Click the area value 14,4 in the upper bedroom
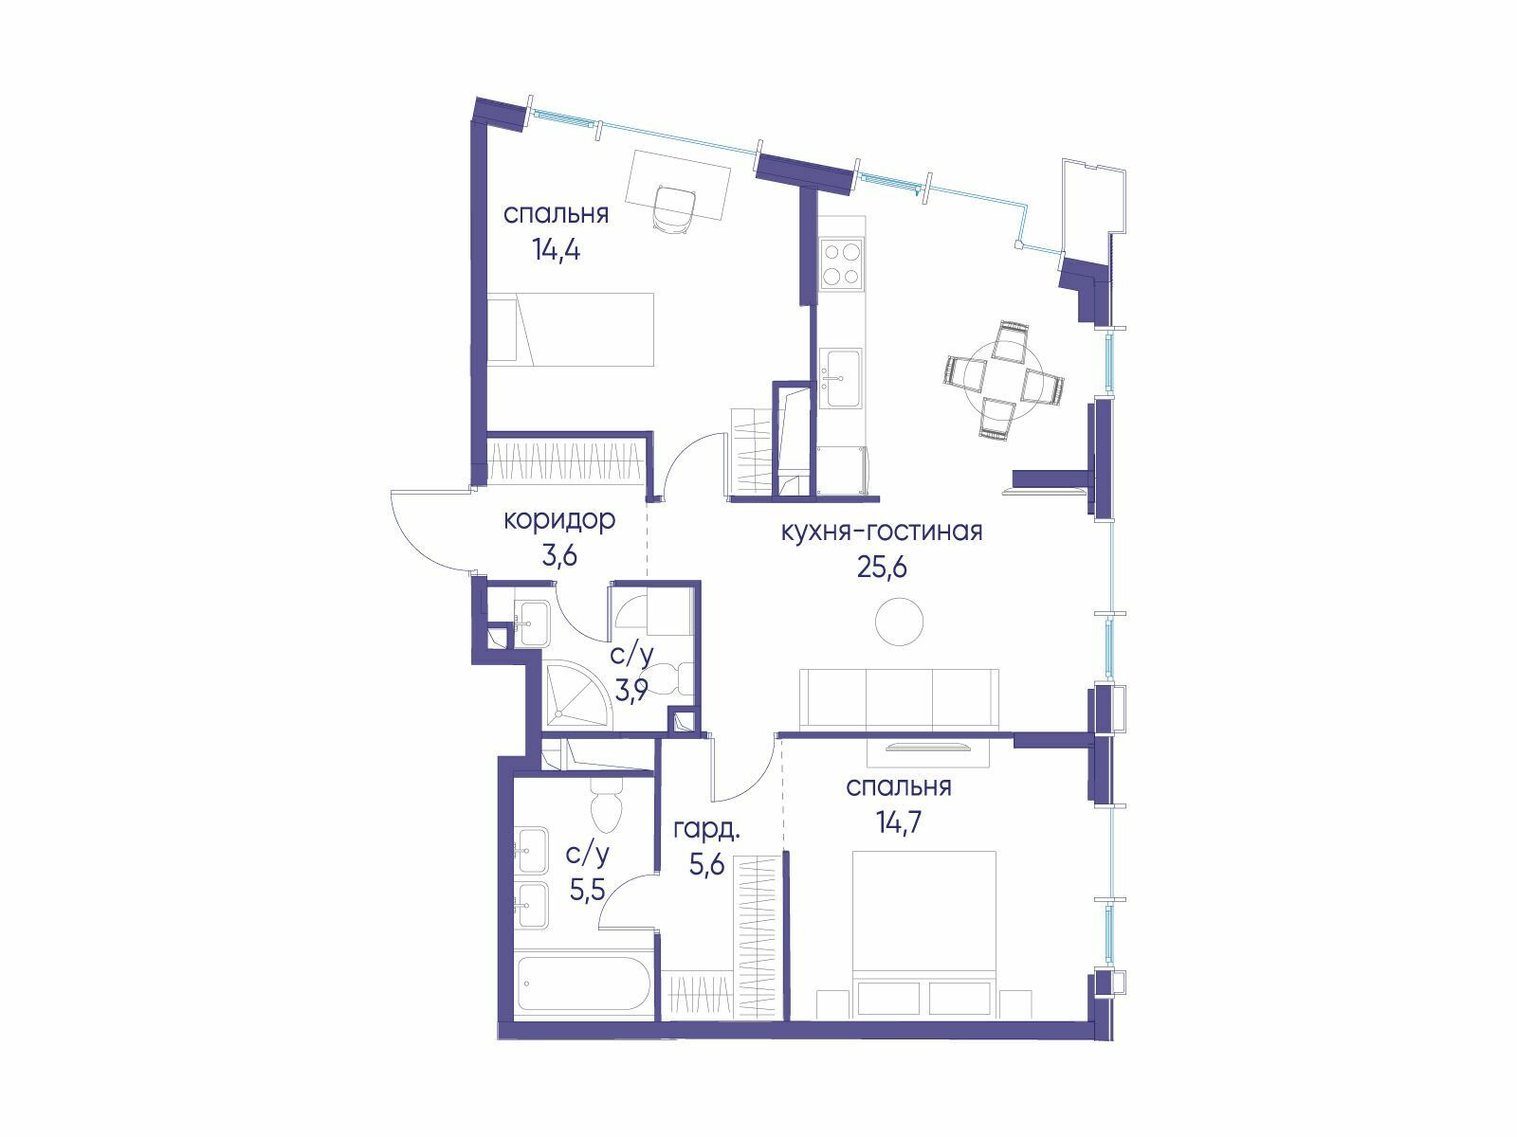tap(556, 249)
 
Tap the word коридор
tap(559, 520)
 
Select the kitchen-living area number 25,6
tap(881, 568)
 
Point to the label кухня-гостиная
tap(881, 532)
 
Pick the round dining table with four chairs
tap(1003, 379)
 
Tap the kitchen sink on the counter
tap(841, 378)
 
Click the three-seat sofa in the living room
tap(899, 698)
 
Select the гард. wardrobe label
tap(706, 831)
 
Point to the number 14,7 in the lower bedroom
tap(899, 822)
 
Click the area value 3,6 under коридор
tap(559, 556)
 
